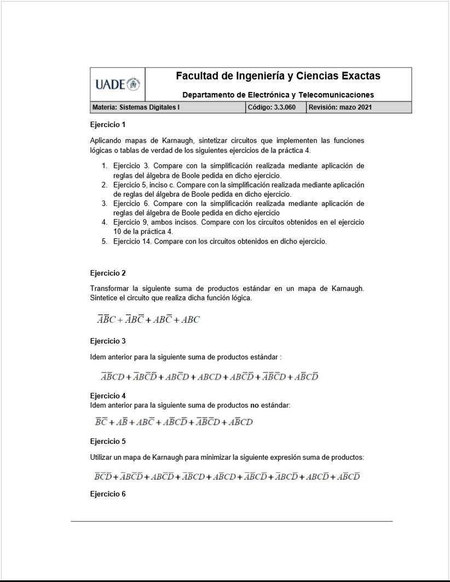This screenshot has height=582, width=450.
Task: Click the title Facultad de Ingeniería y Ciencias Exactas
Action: click(278, 76)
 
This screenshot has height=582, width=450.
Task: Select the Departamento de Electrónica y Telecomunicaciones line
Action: click(278, 95)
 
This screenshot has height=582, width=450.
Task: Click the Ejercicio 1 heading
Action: click(108, 124)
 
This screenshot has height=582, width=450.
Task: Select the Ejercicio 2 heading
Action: click(108, 273)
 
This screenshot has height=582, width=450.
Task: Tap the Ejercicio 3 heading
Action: click(108, 341)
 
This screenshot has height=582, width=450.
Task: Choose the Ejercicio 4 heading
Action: click(108, 396)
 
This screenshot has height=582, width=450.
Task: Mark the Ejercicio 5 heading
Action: click(108, 441)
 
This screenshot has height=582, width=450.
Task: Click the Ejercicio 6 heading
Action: click(108, 494)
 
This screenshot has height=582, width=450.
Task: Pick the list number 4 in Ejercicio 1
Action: click(104, 222)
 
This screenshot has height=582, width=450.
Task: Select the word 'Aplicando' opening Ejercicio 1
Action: click(106, 141)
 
